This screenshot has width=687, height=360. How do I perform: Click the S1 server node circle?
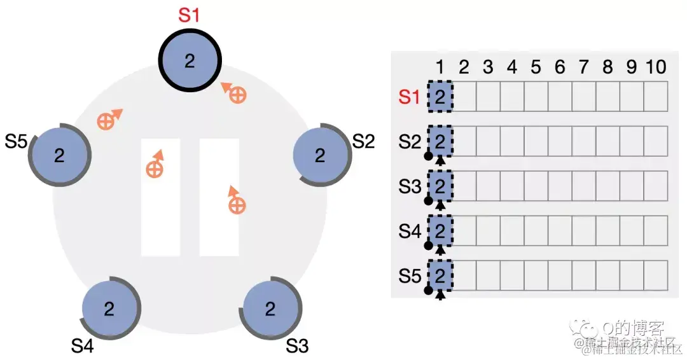(x=190, y=61)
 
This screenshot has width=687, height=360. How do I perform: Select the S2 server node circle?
(x=320, y=155)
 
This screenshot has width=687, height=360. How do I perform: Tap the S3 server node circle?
(x=270, y=309)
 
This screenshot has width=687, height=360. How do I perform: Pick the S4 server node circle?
(x=109, y=309)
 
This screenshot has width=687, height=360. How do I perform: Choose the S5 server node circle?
(x=59, y=156)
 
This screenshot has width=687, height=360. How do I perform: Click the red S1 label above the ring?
(x=189, y=15)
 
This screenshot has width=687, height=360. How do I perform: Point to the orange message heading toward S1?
(x=237, y=95)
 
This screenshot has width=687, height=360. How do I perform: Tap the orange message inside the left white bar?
(x=155, y=168)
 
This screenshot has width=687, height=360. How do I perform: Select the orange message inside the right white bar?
(x=237, y=204)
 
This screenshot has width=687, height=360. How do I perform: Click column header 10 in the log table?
(x=655, y=67)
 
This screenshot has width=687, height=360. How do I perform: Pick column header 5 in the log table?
(x=536, y=67)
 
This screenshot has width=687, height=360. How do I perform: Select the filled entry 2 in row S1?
(x=440, y=97)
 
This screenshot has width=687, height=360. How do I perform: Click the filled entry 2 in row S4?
(x=440, y=232)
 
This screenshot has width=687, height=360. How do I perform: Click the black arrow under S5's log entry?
(x=440, y=293)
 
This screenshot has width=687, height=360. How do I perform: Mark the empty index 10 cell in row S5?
(x=655, y=275)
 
